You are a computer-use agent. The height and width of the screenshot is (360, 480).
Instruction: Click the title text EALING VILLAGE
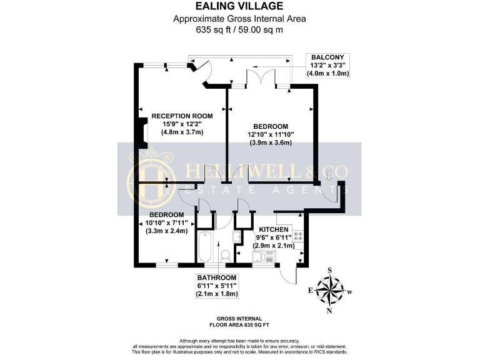(x=240, y=7)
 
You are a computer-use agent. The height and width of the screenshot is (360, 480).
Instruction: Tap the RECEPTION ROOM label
(x=182, y=116)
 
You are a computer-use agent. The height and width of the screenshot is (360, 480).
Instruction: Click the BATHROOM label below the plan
(x=217, y=277)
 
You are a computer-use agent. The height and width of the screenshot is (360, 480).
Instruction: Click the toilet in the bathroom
(x=226, y=256)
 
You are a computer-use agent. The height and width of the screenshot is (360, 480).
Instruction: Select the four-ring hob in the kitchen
(x=298, y=236)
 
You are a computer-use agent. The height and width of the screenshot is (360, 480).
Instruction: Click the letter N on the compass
(x=329, y=311)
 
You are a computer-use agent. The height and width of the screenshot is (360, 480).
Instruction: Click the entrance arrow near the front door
(x=329, y=175)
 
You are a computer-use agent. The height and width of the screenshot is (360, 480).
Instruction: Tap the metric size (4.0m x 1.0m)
(x=327, y=73)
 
